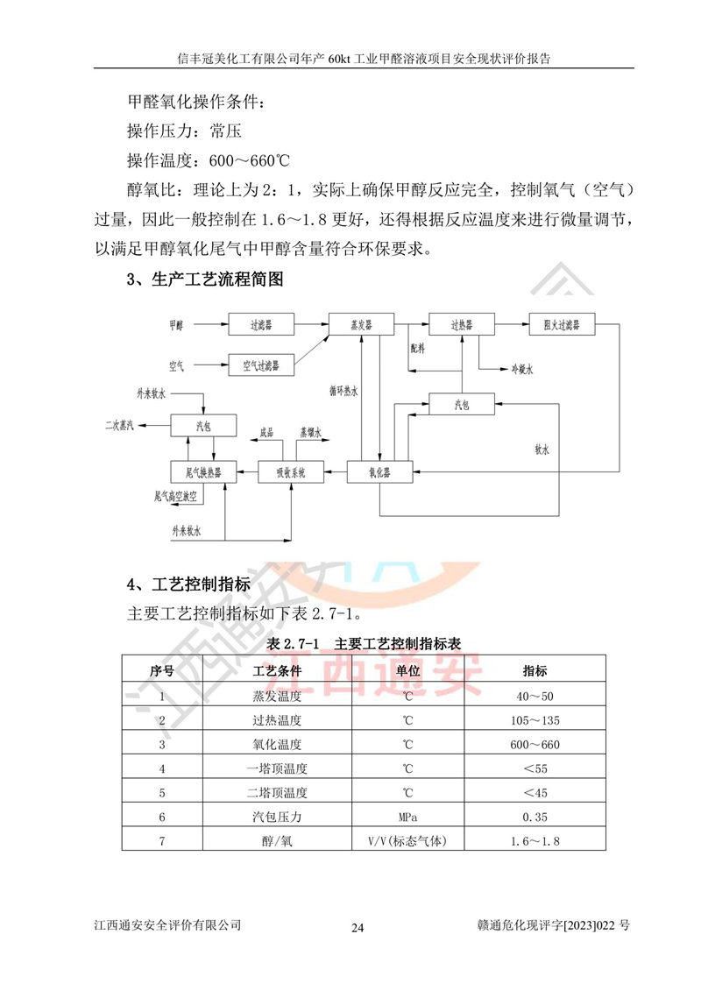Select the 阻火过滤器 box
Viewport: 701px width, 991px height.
562,324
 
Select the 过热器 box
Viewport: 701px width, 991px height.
462,324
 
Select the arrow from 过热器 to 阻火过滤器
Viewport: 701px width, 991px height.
512,324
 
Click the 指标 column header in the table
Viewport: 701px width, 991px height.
535,671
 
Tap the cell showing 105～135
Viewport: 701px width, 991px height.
535,720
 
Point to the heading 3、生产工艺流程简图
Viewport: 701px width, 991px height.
206,280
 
